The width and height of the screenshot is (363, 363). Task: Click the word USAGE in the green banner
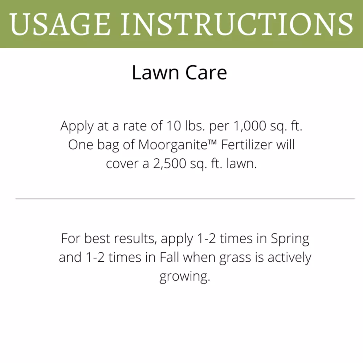coord(60,24)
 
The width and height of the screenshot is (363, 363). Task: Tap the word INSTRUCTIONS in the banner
coord(237,24)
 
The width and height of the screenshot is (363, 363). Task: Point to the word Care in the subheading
coord(206,73)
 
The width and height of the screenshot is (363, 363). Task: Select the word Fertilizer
coord(246,145)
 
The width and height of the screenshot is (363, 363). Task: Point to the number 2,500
coord(170,164)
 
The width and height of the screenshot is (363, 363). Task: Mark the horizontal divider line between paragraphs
coord(185,199)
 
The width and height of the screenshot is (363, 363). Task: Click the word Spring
coord(290,239)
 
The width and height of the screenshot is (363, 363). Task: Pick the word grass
coord(235,258)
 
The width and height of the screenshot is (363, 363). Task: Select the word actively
coord(289,258)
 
